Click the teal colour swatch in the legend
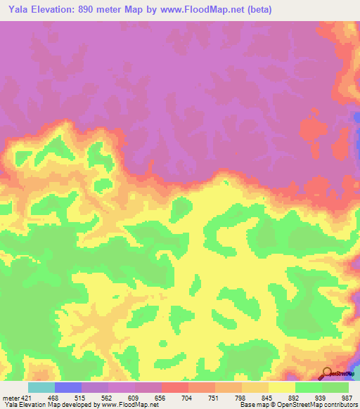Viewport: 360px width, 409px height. [41, 387]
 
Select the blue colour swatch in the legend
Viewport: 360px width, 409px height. [68, 387]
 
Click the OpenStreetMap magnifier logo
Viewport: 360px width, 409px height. [327, 374]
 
